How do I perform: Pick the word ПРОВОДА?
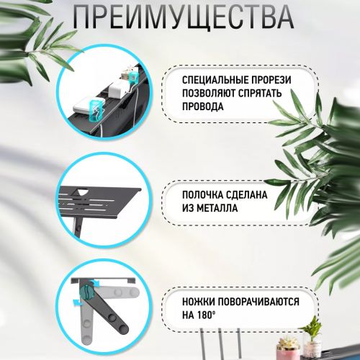(x=203, y=107)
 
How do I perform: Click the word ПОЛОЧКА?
(x=202, y=195)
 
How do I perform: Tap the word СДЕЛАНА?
(x=247, y=195)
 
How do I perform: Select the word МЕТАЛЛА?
(x=217, y=208)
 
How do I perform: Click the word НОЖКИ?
(x=198, y=302)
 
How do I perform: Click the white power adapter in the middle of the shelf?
(x=117, y=89)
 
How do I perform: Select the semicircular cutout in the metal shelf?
(x=80, y=192)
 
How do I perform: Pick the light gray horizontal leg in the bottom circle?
(x=117, y=292)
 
